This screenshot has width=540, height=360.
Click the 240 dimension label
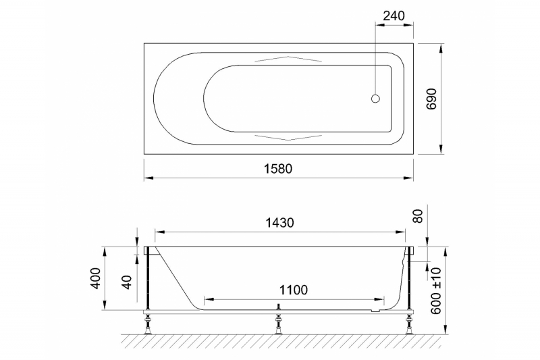(394, 16)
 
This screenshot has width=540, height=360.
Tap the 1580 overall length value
(278, 169)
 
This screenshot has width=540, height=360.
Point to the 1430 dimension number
(278, 222)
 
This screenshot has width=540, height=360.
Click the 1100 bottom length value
(293, 290)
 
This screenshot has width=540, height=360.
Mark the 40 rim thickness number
(126, 282)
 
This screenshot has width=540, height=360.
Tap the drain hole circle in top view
(376, 99)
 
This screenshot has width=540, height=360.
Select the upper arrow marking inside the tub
(278, 59)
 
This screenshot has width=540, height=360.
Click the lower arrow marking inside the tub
(278, 137)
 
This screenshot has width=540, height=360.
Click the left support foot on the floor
(147, 324)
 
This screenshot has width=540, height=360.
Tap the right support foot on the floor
(408, 324)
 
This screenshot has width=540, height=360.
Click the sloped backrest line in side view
(177, 277)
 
